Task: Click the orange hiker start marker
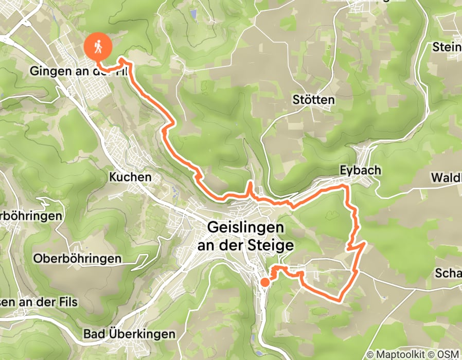[98, 47]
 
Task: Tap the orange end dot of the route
[264, 282]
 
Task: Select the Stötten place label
[313, 99]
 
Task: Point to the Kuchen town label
[130, 177]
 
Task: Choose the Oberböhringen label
[77, 258]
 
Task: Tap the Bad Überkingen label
[129, 334]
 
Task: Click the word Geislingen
[245, 227]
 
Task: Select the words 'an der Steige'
[245, 245]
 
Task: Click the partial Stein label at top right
[447, 47]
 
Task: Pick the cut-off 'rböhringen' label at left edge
[31, 215]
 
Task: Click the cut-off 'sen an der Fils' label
[39, 302]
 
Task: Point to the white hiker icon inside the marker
[98, 46]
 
